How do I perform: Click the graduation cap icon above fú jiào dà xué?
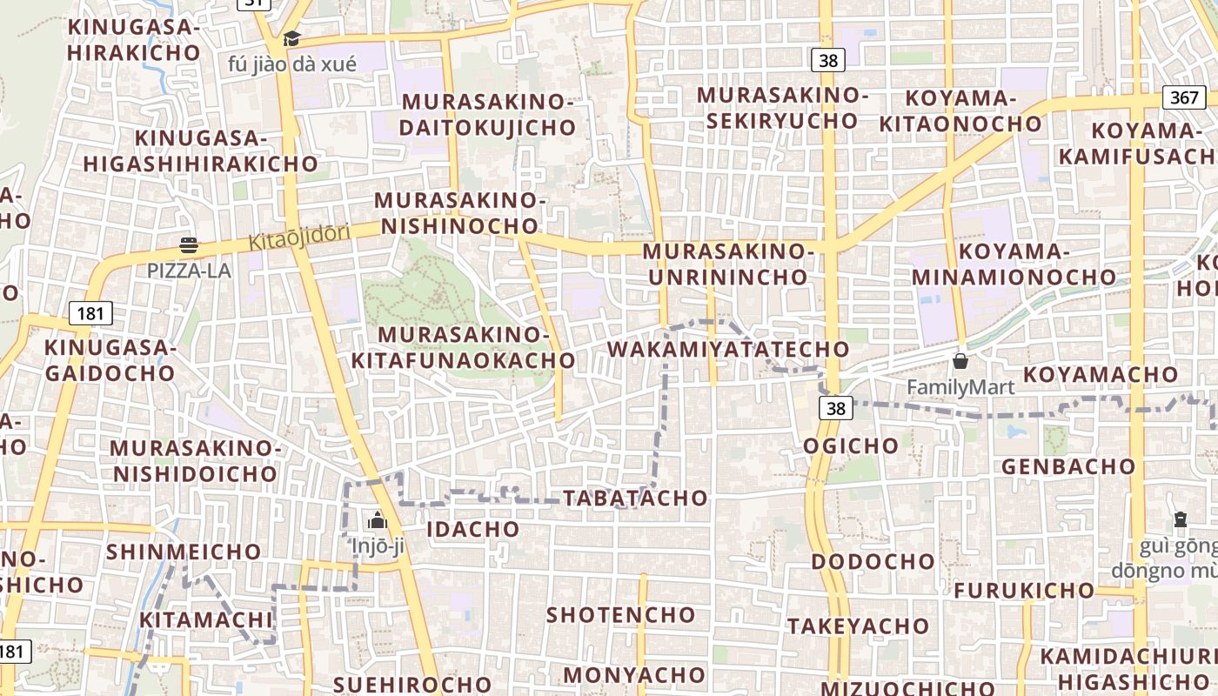coord(291,39)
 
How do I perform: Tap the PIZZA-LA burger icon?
coord(189,245)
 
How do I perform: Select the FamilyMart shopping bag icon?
coord(960,360)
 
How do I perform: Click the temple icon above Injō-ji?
coord(378,520)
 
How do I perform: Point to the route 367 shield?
coord(1184,97)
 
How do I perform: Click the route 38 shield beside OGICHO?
coord(835,408)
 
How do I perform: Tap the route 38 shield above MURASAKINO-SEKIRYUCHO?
coord(829,60)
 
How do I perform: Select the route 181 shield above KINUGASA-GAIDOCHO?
coord(90,313)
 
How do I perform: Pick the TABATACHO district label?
coord(635,499)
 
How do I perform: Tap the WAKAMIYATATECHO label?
coord(727,350)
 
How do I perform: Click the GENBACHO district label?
coord(1068,466)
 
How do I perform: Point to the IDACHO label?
coord(473,529)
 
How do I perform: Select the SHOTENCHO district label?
coord(620,615)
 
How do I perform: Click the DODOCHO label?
coord(873,561)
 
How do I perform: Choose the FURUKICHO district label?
coord(1024,591)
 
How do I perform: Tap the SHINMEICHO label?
coord(184,552)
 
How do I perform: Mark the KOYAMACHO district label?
coord(1101,375)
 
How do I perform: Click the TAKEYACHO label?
coord(859,626)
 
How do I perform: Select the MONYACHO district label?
coord(634,675)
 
